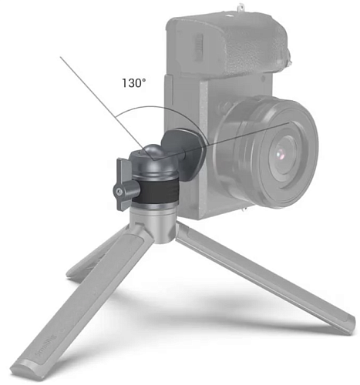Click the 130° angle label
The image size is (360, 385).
133,83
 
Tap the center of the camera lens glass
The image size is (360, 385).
281,154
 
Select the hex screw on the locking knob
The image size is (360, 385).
119,191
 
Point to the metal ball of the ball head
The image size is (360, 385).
153,151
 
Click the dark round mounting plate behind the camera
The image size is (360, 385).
183,153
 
